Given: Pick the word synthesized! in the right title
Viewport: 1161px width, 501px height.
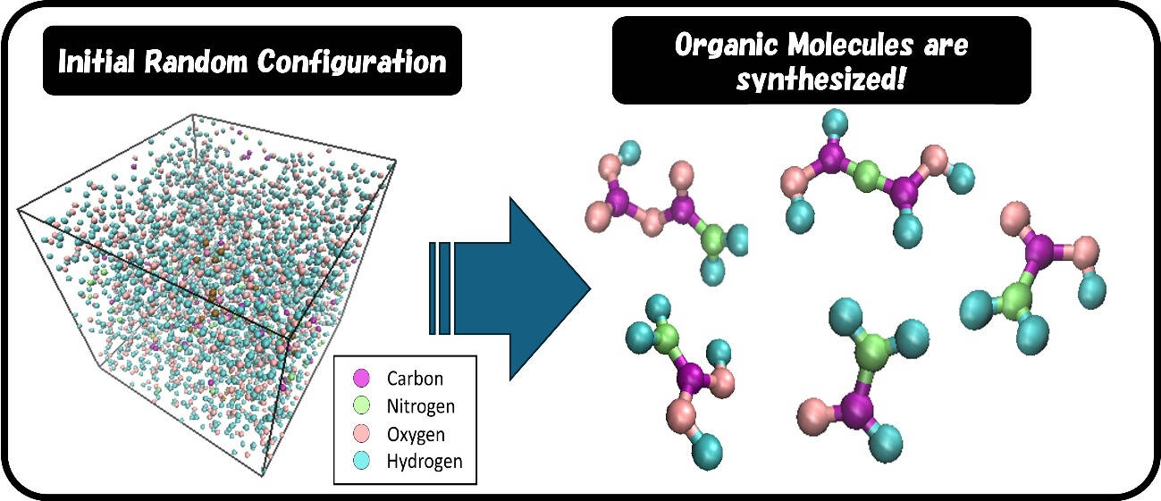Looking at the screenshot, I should (x=820, y=79).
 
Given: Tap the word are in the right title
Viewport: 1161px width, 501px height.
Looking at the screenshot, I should (x=946, y=46).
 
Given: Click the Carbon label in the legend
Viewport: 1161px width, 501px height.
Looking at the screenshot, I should (x=415, y=379).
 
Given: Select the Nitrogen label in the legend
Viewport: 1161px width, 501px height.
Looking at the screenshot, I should (x=421, y=406).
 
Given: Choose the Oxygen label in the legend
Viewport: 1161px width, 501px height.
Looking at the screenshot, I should (x=416, y=435).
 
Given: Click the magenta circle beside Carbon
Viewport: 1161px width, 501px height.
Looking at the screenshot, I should (x=362, y=379).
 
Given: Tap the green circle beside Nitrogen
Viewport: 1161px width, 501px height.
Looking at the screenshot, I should (x=362, y=406).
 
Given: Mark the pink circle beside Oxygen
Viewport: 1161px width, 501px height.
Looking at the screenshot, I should (x=362, y=435).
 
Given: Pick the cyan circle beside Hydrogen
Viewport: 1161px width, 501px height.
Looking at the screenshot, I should (x=362, y=462).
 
